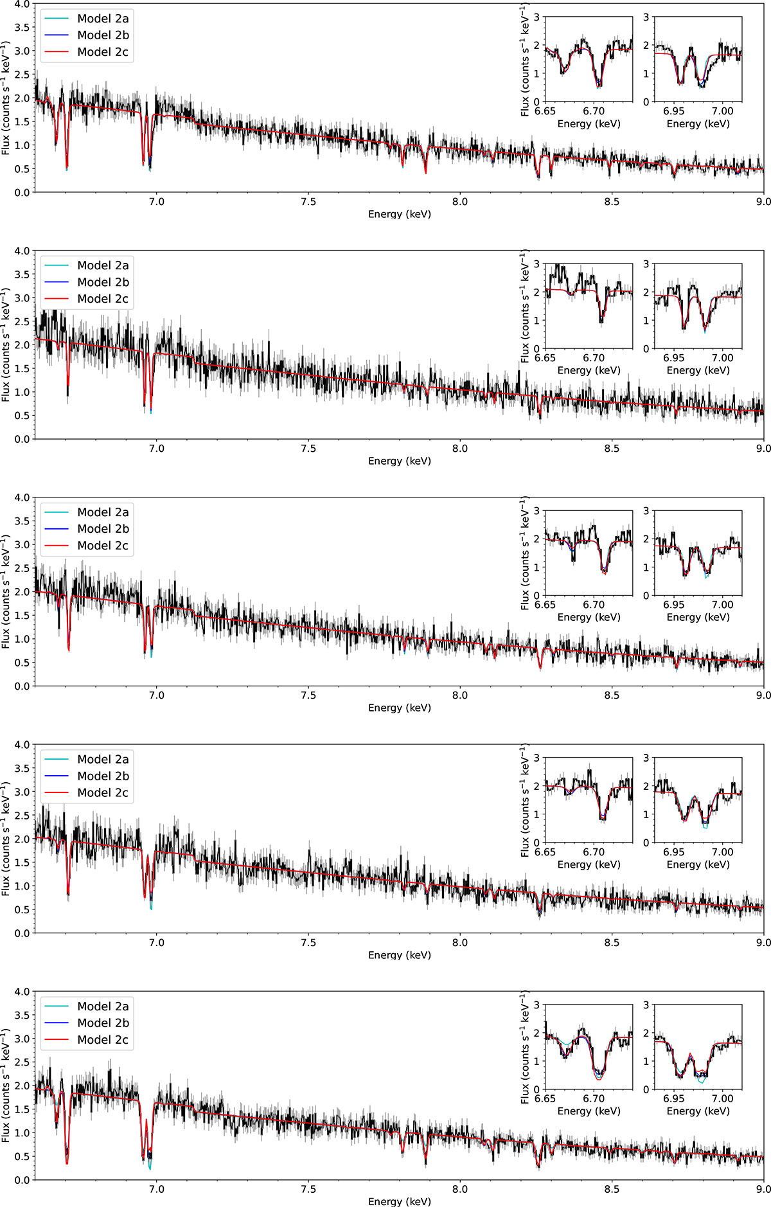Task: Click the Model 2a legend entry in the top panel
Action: (x=103, y=19)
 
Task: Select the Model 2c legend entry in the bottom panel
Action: (x=103, y=1039)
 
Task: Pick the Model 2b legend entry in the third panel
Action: (x=103, y=529)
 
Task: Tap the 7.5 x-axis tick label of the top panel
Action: (x=308, y=202)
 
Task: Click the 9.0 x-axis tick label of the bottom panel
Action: (x=763, y=1189)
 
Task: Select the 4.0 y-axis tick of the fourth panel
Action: (x=22, y=745)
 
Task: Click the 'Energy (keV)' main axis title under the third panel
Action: (x=399, y=708)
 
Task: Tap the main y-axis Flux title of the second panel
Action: (x=6, y=345)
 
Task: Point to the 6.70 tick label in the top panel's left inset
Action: (x=594, y=111)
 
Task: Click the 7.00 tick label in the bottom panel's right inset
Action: (x=722, y=1098)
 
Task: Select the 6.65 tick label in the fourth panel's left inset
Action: (x=545, y=852)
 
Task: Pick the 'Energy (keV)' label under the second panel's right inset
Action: (x=698, y=370)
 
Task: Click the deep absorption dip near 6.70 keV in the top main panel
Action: (x=67, y=167)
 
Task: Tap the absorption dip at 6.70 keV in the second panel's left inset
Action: (x=601, y=320)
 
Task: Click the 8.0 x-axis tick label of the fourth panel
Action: (x=460, y=942)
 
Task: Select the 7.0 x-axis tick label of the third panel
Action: (x=156, y=695)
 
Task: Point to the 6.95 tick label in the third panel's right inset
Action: (x=674, y=605)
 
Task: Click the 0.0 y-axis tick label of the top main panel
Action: (x=22, y=192)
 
